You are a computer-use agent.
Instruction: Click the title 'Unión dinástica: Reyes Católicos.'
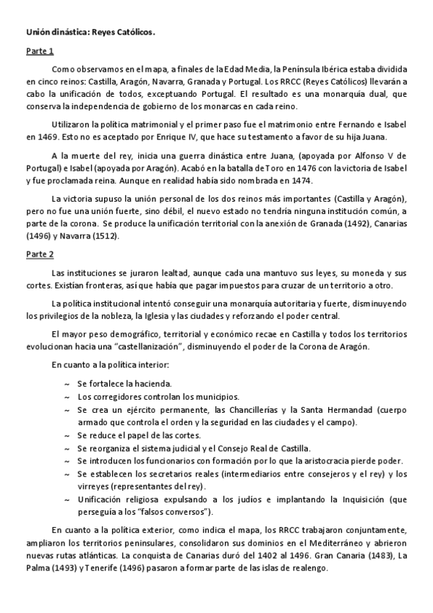point(91,32)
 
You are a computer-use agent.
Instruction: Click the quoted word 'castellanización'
point(153,347)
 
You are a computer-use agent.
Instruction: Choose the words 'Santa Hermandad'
point(329,409)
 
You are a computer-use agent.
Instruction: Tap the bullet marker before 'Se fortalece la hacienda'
point(67,384)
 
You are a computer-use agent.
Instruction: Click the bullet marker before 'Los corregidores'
point(67,397)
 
